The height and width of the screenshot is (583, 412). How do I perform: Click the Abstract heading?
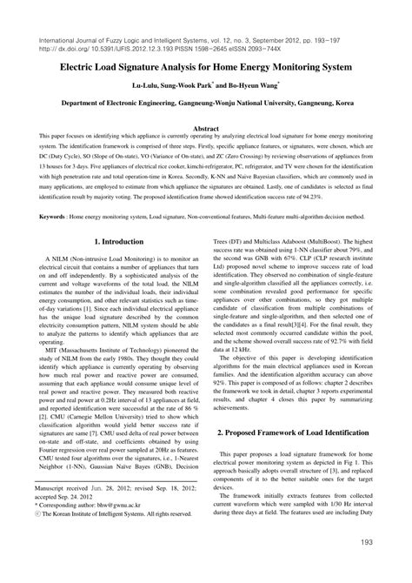coord(205,128)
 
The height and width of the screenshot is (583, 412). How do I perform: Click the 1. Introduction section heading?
coord(118,240)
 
